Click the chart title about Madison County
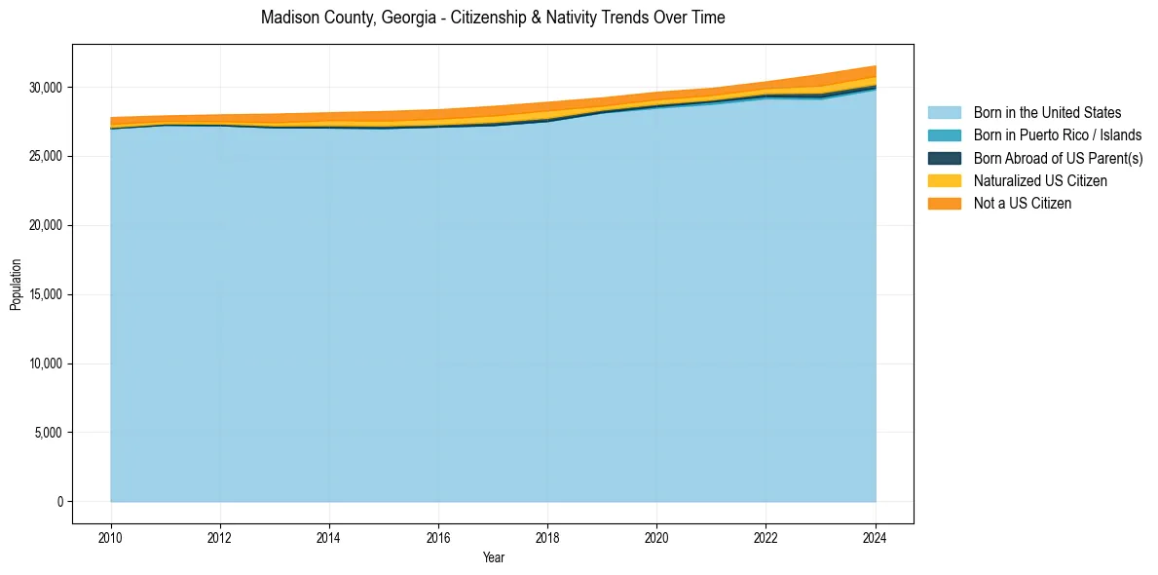click(493, 18)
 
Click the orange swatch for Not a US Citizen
click(944, 203)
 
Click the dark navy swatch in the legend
click(944, 158)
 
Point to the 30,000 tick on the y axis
click(45, 88)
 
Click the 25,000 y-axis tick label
click(45, 157)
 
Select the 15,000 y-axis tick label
click(45, 294)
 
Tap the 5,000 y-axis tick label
click(48, 433)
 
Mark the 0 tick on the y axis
click(58, 502)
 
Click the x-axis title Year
click(493, 557)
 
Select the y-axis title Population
click(16, 285)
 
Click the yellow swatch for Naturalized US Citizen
click(944, 180)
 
